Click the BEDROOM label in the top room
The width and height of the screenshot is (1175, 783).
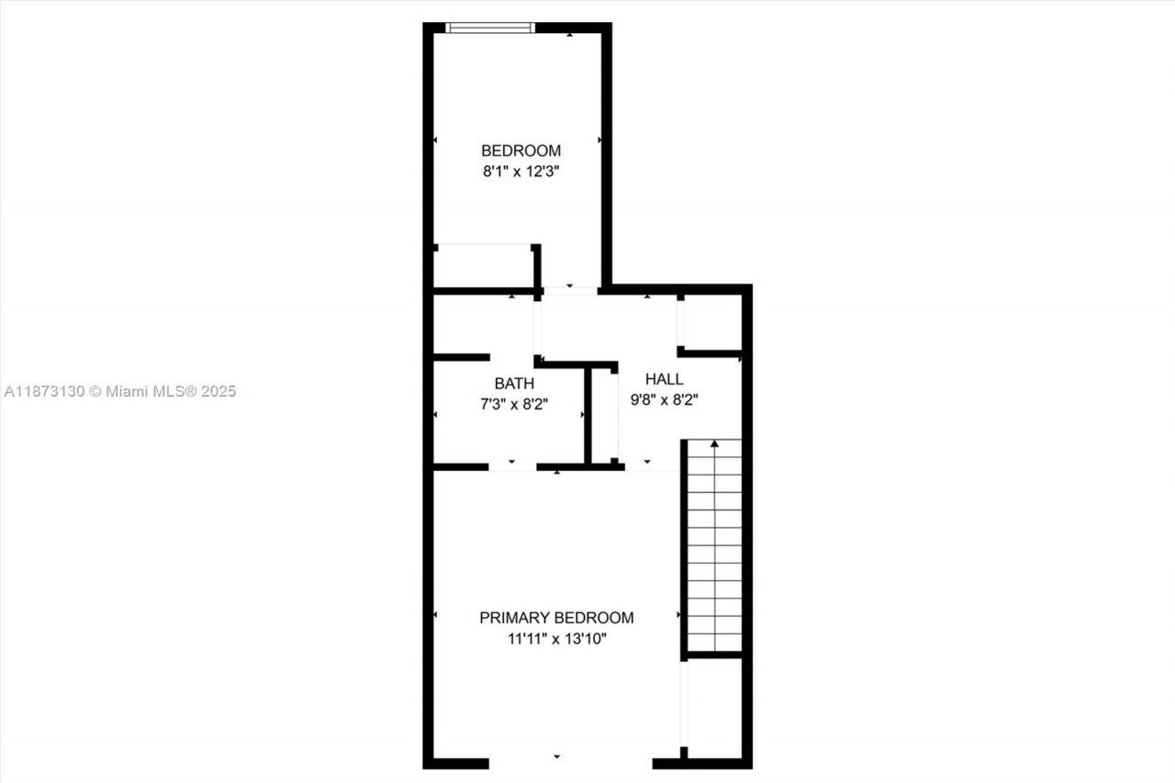(520, 151)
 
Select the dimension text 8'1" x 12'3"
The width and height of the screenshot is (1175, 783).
(520, 171)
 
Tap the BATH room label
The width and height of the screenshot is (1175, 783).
(514, 383)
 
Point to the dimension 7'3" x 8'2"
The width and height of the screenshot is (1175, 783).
(514, 403)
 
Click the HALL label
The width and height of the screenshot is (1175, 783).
(664, 379)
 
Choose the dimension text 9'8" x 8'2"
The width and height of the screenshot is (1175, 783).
(664, 399)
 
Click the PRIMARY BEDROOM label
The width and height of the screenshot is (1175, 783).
(556, 618)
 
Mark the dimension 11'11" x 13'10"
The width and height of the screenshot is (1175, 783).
(556, 639)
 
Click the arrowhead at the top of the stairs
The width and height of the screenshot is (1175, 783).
(714, 444)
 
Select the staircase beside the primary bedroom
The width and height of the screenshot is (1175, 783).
(714, 546)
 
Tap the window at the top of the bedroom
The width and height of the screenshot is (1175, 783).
(489, 28)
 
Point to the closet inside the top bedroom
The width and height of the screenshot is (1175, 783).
(483, 266)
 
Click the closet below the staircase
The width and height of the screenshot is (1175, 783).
(713, 707)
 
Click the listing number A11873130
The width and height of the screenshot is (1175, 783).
(44, 391)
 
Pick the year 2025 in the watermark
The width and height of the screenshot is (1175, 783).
(218, 391)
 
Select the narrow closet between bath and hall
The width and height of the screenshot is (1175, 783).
(603, 415)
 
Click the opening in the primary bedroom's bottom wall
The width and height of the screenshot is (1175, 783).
(569, 762)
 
